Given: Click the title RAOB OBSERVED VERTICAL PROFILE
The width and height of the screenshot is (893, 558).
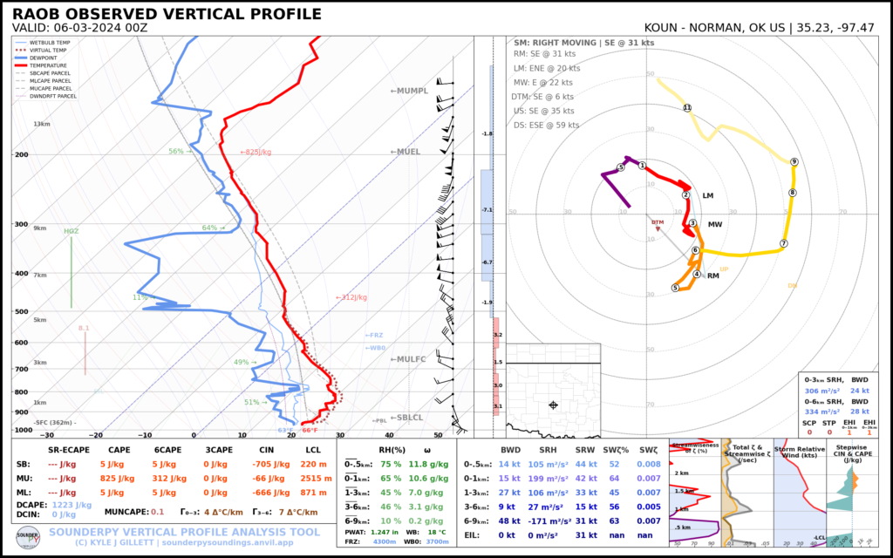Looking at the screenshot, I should (x=167, y=15).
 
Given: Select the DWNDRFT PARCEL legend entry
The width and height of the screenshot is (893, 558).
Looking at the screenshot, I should (x=55, y=96).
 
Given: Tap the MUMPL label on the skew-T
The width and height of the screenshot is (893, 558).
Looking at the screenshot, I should (x=410, y=91).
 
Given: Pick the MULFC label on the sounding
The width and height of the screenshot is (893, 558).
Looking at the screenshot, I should (x=407, y=359).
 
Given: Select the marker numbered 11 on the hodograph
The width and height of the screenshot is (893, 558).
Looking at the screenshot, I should (x=687, y=108).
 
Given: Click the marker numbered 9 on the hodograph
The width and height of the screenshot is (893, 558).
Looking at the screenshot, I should (x=794, y=162).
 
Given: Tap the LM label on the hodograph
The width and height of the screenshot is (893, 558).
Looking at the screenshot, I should (x=708, y=196).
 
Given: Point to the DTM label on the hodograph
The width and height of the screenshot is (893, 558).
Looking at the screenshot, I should (x=658, y=222).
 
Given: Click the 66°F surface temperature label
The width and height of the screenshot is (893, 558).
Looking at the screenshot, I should (x=310, y=431).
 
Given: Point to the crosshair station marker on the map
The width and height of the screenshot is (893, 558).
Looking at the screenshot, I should (x=553, y=405).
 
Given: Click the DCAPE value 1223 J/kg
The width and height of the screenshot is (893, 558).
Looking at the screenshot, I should (x=72, y=505).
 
